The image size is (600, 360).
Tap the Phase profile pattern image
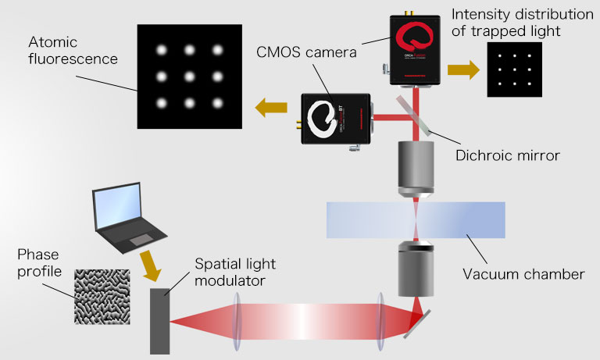(108, 296)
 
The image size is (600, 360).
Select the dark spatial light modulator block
(159, 320)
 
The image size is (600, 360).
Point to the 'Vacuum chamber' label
(523, 274)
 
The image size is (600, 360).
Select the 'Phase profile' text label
(39, 266)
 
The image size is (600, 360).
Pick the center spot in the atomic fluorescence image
(188, 77)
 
